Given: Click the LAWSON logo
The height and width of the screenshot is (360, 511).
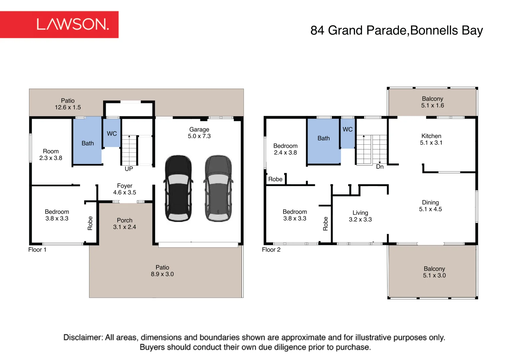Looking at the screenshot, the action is (59, 24).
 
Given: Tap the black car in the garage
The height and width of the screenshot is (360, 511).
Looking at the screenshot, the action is (178, 188).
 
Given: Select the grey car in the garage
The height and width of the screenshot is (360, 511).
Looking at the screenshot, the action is (218, 188).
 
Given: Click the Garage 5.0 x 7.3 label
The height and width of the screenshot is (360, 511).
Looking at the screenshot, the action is (199, 133).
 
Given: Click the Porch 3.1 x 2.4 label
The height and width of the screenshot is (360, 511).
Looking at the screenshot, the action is (124, 224).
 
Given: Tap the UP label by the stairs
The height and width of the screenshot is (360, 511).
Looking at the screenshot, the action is (129, 169).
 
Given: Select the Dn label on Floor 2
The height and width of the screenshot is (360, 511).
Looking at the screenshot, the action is (380, 167).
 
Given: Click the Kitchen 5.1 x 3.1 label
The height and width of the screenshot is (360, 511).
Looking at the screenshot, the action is (431, 139).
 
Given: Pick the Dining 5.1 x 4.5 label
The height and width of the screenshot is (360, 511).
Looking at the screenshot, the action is (431, 206).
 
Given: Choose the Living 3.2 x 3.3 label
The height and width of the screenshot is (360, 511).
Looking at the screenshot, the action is (360, 216).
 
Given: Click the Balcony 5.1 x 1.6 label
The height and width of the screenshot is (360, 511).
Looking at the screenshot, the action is (433, 102).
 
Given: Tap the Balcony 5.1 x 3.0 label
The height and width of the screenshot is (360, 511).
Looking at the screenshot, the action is (434, 272).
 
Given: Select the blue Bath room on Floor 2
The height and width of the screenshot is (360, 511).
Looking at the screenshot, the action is (324, 141).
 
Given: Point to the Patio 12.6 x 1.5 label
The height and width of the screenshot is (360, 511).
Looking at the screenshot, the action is (68, 104).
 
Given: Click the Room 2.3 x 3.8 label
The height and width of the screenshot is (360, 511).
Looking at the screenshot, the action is (51, 155).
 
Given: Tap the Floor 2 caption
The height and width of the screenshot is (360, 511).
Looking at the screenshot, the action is (271, 250).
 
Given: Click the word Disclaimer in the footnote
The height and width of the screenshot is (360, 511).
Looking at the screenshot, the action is (83, 337).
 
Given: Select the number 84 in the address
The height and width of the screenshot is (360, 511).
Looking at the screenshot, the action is (317, 30).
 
